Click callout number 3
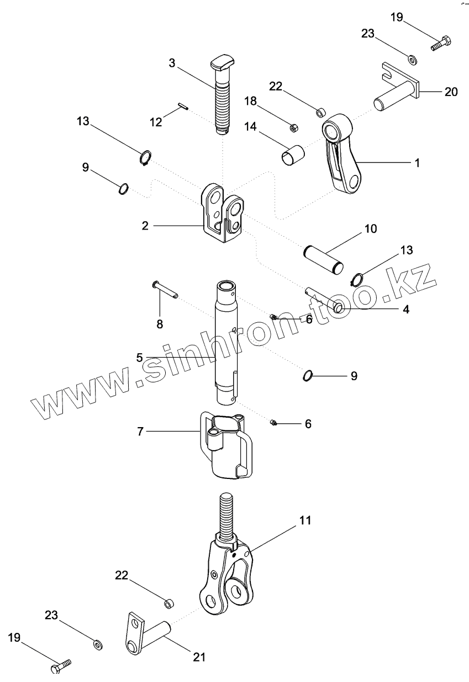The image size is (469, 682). tap(172, 63)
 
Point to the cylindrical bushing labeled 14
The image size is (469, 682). tap(293, 154)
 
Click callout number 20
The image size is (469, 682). tap(451, 92)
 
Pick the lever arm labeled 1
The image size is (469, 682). tap(342, 160)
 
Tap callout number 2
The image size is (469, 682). tap(145, 225)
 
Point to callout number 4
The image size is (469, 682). tap(405, 310)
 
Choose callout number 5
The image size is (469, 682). tap(140, 358)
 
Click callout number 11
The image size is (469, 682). tap(305, 520)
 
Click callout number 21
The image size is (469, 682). tap(199, 657)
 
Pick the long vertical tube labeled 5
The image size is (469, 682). tap(228, 342)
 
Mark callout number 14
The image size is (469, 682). tap(250, 126)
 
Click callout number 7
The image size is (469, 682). tap(140, 431)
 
